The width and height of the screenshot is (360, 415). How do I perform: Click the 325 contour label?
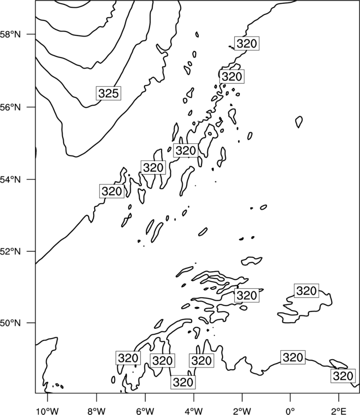click(109, 93)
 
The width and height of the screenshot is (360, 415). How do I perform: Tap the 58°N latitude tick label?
click(10, 34)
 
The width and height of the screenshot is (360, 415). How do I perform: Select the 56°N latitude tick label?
click(10, 107)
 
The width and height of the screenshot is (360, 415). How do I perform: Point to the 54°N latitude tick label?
click(10, 179)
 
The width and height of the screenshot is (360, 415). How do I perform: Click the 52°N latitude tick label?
click(10, 251)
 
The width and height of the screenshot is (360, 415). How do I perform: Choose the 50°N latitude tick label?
click(10, 323)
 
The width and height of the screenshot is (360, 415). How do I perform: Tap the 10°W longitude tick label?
click(48, 411)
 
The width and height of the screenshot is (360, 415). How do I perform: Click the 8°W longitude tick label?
click(96, 411)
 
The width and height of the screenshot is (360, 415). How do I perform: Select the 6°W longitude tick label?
click(145, 411)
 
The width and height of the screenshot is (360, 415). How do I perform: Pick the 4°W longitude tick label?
click(194, 411)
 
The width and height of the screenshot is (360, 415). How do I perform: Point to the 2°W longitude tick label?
click(242, 411)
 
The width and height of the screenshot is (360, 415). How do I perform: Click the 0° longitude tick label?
click(290, 411)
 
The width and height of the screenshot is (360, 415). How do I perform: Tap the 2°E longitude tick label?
click(339, 411)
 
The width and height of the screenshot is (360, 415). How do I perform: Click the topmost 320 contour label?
click(247, 43)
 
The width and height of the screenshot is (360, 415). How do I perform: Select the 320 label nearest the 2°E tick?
click(343, 376)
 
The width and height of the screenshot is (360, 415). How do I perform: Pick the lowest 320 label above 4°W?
click(183, 382)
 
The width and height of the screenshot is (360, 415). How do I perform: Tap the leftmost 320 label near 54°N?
click(112, 191)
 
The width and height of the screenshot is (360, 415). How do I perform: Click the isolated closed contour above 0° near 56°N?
click(299, 122)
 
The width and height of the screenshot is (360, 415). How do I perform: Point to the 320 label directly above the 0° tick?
click(293, 357)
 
